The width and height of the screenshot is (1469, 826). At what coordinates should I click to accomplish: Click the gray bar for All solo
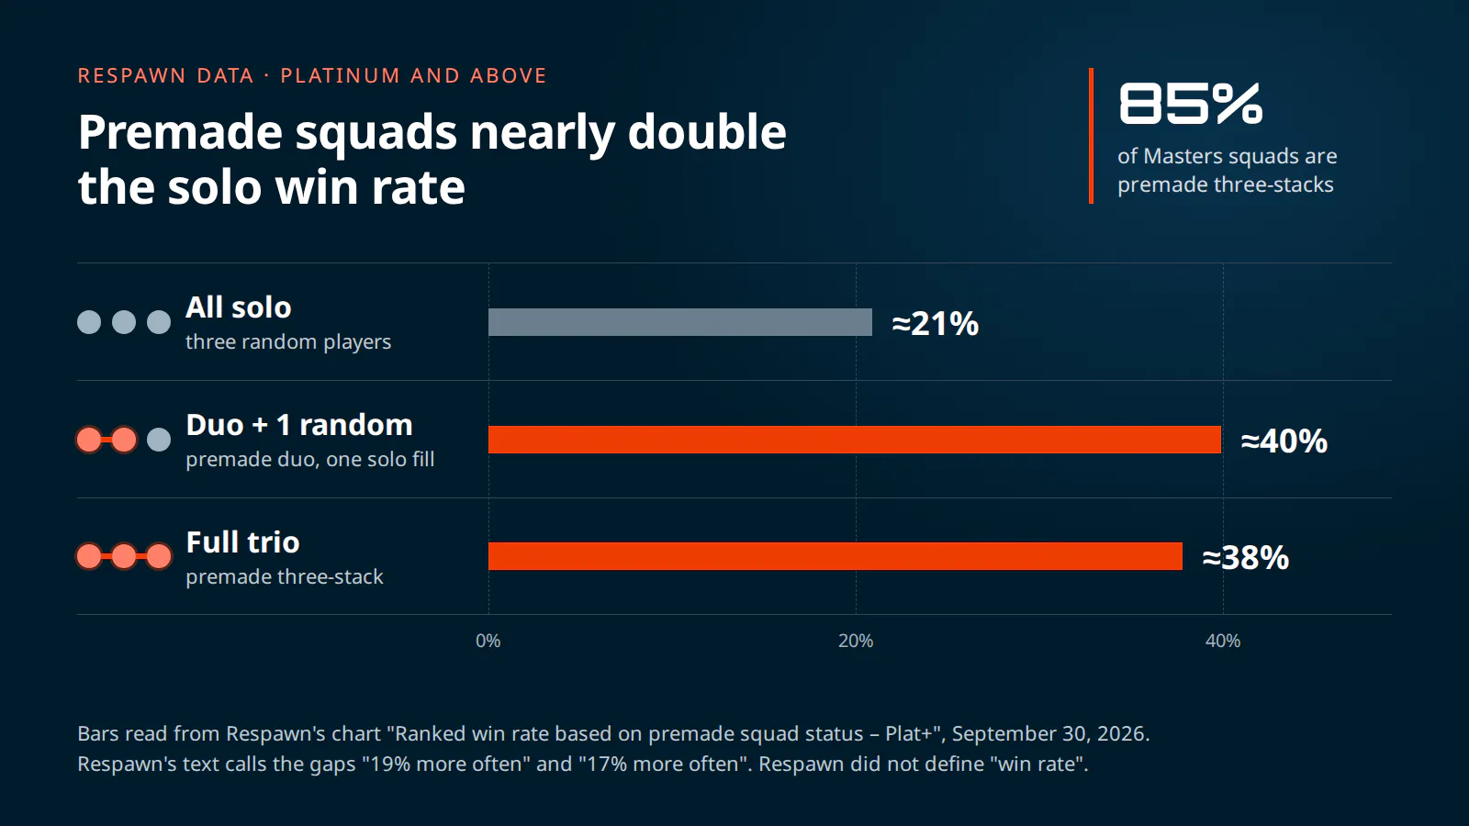point(680,322)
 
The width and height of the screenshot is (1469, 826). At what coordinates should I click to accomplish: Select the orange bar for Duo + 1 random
point(855,440)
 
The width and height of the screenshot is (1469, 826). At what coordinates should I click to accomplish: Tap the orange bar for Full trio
point(835,556)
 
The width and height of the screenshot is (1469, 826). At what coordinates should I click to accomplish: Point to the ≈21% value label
point(936,323)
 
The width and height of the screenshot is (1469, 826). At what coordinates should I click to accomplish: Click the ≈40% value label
point(1284,441)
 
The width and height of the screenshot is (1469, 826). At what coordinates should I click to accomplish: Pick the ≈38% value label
point(1245,557)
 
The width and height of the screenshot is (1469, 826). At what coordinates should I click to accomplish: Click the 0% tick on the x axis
point(488,641)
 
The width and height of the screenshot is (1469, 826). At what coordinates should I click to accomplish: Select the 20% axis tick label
point(855,641)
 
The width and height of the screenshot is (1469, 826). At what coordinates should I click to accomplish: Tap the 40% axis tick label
point(1222,641)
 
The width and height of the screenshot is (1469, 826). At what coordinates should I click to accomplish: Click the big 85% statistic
point(1190,104)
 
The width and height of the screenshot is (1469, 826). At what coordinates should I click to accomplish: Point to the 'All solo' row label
point(238,307)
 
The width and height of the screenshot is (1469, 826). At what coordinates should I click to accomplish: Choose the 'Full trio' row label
point(242,542)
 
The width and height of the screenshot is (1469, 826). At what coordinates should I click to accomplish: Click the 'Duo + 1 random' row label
point(299,425)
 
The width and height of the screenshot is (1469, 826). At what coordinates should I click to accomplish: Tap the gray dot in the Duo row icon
point(159,440)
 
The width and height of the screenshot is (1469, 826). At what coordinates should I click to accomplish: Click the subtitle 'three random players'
point(288,341)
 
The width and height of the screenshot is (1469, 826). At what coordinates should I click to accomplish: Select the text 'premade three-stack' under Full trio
point(284,577)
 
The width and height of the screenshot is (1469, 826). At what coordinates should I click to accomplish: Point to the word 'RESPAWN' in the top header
point(132,75)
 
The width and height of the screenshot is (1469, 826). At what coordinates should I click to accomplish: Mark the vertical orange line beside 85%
point(1092,136)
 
